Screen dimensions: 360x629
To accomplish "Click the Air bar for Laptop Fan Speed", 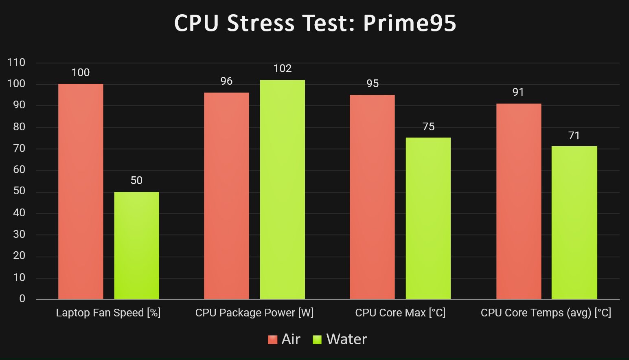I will pos(81,191).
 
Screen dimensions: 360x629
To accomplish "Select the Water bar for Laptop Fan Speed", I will pos(136,246).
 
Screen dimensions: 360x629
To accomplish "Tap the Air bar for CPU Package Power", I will pos(226,196).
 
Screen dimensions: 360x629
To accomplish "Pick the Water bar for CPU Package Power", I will pos(282,189).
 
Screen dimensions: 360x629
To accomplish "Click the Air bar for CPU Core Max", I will pos(372,197).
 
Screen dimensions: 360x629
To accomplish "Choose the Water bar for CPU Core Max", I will pos(428,218).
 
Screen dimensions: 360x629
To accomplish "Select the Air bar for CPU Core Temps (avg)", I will pos(519,201).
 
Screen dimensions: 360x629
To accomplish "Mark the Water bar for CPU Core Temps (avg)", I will pos(574,223).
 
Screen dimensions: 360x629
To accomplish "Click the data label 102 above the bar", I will pos(283,68).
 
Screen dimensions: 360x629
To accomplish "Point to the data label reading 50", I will pos(136,180).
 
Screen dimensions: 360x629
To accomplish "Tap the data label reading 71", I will pos(574,136).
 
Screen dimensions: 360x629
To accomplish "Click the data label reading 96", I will pos(226,81).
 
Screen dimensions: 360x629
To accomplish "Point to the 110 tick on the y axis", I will pos(16,63).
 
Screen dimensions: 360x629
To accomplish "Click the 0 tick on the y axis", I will pos(22,299).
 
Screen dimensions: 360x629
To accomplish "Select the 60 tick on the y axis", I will pos(19,170).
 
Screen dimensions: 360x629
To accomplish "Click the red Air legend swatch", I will pos(272,339).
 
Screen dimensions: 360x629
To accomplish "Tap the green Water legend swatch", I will pos(317,339).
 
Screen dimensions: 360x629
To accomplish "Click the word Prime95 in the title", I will pos(409,23).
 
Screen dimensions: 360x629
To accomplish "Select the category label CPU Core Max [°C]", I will pos(400,313).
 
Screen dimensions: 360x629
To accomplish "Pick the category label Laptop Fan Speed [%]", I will pos(108,313).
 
